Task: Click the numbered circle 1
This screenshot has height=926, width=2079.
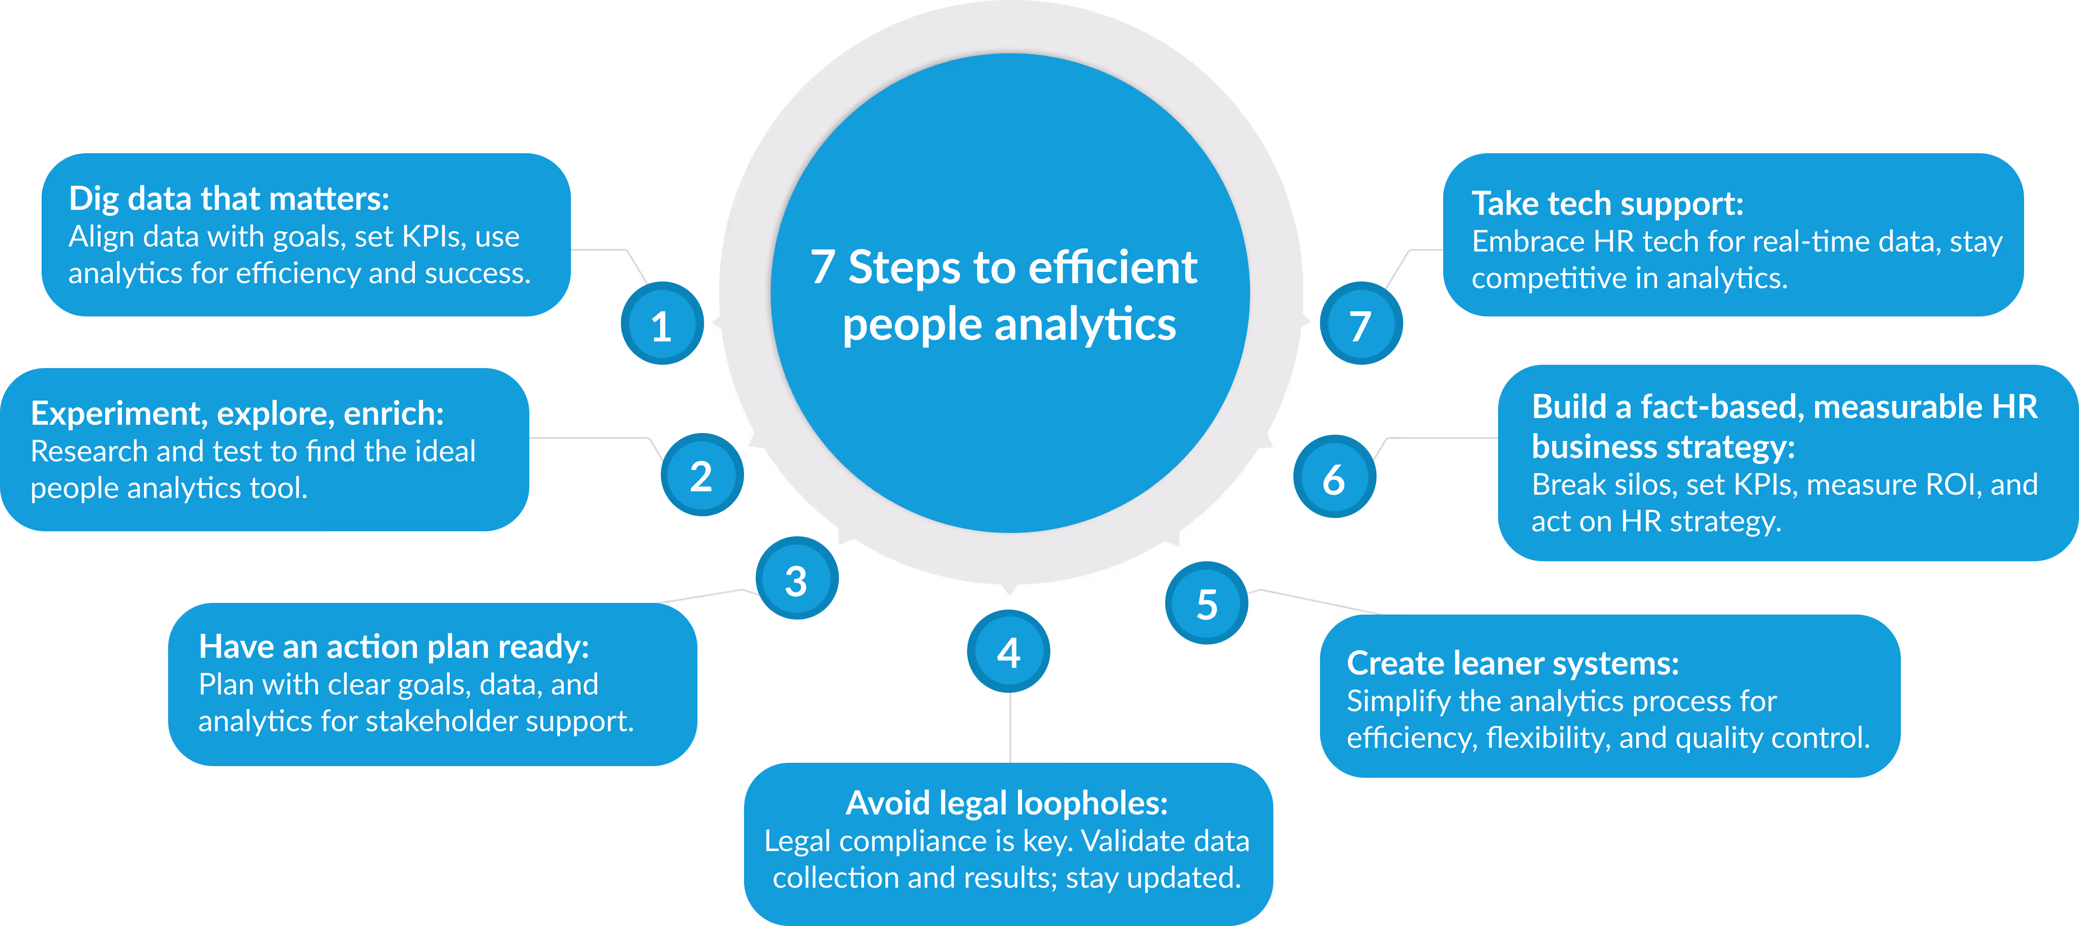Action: coord(662,324)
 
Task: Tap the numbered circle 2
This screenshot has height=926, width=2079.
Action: coord(701,475)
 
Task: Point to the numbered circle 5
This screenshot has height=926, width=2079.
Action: coord(1206,603)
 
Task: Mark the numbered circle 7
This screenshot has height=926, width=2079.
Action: coord(1361,324)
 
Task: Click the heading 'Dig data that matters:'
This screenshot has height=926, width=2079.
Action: coord(229,199)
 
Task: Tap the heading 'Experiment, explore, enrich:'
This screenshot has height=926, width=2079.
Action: coord(237,413)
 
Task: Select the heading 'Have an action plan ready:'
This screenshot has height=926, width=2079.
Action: coord(394,647)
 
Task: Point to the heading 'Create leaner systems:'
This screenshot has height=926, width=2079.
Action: coord(1513,664)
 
